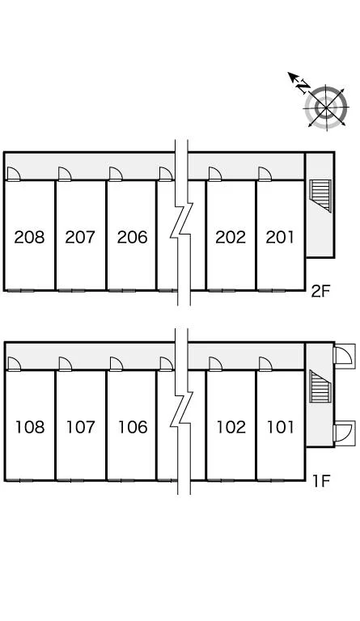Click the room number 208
point(29,237)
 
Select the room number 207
point(80,237)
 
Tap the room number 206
point(133,237)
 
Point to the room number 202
point(231,237)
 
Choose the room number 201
point(280,237)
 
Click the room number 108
point(30,427)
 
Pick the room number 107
point(81,427)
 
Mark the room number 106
point(133,427)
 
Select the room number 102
point(231,427)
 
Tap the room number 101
point(281,427)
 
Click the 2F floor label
point(320,291)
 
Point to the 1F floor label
point(321,481)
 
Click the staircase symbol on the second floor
point(320,196)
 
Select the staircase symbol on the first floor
point(320,387)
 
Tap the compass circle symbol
point(326,107)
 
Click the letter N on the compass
point(303,87)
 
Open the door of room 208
point(14,174)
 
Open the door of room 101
point(265,364)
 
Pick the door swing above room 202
point(215,174)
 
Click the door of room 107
point(65,364)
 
